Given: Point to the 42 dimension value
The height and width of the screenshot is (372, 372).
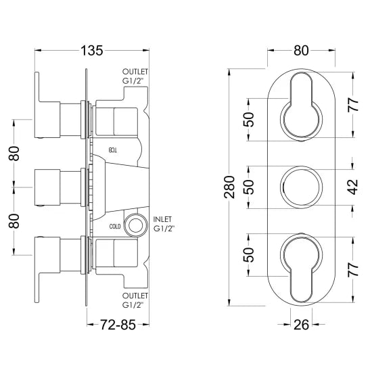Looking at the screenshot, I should point(351,187).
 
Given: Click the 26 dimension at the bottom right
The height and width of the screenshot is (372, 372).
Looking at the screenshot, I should point(302,324).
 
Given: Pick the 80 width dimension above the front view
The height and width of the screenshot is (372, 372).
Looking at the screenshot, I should point(302,49).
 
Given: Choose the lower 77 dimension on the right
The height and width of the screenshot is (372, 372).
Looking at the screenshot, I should point(351,269).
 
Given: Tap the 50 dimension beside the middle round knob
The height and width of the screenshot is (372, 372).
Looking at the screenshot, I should point(250,187).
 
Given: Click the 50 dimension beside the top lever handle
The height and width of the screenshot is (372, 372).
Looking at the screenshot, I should point(250,120).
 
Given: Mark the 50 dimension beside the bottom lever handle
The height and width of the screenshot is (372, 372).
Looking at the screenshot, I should point(250,255).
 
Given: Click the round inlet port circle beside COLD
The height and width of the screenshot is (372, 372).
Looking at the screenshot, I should point(139,225).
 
